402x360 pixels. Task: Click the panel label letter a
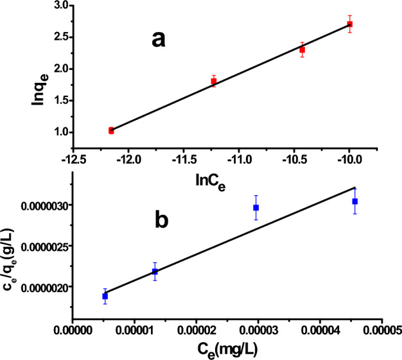159,40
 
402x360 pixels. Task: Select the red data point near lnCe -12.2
111,130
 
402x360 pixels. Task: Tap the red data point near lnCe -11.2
214,81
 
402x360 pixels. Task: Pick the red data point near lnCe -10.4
302,49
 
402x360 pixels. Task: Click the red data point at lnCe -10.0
349,24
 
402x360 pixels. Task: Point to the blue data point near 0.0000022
155,271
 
